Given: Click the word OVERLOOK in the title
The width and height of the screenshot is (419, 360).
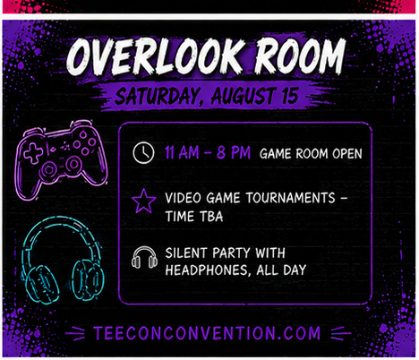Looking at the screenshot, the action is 154,56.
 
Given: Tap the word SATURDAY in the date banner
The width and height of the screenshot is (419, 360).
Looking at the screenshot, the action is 157,97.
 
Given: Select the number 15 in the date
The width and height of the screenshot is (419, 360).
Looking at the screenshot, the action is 289,96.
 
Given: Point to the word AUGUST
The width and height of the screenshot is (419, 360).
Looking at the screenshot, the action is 243,96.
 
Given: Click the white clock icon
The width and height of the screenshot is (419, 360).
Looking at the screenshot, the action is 143,152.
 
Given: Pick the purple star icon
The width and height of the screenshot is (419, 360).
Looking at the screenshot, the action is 144,201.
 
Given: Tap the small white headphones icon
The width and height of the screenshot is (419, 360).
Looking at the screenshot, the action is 144,257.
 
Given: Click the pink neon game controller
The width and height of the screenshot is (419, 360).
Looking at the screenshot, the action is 61,159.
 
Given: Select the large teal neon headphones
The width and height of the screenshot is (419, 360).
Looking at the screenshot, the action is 63,260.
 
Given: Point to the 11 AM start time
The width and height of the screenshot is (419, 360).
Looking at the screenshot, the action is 182,152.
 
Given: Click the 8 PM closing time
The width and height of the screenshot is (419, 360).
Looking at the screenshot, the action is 234,152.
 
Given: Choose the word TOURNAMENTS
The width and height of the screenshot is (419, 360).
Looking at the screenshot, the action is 290,198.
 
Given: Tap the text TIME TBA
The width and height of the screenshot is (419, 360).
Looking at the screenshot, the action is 194,217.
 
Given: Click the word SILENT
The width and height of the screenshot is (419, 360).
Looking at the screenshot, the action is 186,253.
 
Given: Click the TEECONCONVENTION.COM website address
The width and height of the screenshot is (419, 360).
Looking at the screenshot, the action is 207,333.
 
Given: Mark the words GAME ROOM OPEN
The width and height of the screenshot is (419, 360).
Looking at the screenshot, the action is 311,154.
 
